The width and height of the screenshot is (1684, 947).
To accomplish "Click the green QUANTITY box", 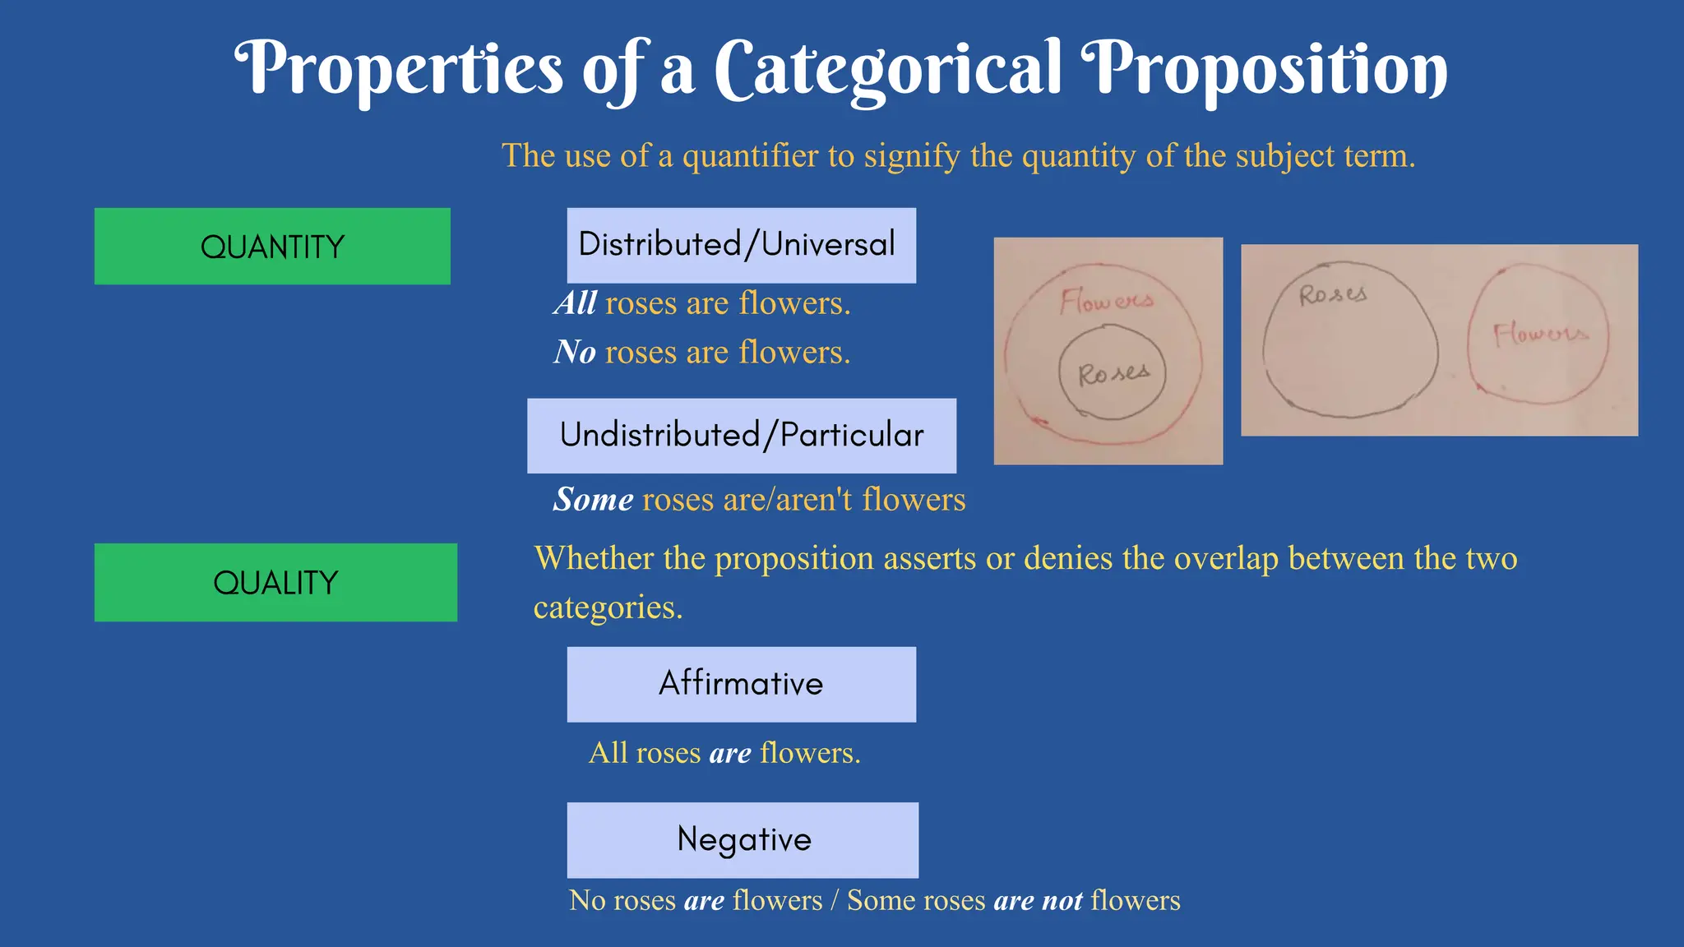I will click(272, 247).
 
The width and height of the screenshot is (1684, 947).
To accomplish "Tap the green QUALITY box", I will click(275, 582).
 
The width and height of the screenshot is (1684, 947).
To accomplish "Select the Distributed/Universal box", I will click(741, 245).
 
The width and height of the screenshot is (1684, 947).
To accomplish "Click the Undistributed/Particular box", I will click(741, 436).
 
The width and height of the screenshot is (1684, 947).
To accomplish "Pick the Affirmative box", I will click(741, 684).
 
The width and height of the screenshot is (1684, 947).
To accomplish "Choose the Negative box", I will click(743, 839).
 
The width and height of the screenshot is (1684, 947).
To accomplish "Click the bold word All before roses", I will click(576, 303).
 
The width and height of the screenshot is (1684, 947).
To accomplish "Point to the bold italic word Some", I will click(593, 500).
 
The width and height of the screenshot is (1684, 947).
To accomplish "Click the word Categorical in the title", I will click(888, 69).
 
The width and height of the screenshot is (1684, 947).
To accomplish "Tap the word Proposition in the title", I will click(1264, 69).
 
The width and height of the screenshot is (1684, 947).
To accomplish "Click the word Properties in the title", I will click(400, 69).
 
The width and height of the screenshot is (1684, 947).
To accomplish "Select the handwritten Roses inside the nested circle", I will click(1113, 374).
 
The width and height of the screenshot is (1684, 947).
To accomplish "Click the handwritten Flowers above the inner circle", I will click(1107, 301).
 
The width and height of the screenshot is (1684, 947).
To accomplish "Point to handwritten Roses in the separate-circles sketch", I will click(1333, 294).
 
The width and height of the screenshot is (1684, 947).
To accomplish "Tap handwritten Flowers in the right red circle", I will click(1540, 334).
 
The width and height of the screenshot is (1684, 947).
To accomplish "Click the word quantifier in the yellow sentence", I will click(750, 155).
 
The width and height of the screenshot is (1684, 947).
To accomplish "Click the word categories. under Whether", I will click(608, 607).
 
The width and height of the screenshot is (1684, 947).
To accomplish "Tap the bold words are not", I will click(1038, 901).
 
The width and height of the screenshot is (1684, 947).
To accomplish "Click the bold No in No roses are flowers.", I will click(575, 353).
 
